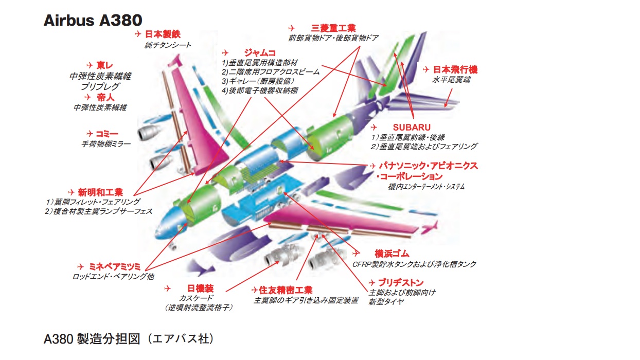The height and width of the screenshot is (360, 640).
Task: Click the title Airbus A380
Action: click(x=93, y=20)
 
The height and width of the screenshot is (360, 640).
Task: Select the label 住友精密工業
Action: click(x=286, y=290)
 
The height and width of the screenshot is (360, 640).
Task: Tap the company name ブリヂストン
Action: click(x=401, y=282)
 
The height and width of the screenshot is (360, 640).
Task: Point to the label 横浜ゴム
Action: click(x=392, y=254)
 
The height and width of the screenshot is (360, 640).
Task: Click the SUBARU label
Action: click(x=412, y=127)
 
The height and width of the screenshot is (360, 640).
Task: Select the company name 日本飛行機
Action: click(x=455, y=69)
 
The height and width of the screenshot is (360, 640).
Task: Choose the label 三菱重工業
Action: click(x=333, y=28)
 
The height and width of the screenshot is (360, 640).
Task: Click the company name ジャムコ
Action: click(x=260, y=52)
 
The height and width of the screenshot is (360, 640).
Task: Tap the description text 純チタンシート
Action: click(x=168, y=45)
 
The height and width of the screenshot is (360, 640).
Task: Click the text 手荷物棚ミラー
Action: click(x=106, y=145)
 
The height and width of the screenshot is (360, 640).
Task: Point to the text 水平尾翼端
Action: click(x=451, y=80)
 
